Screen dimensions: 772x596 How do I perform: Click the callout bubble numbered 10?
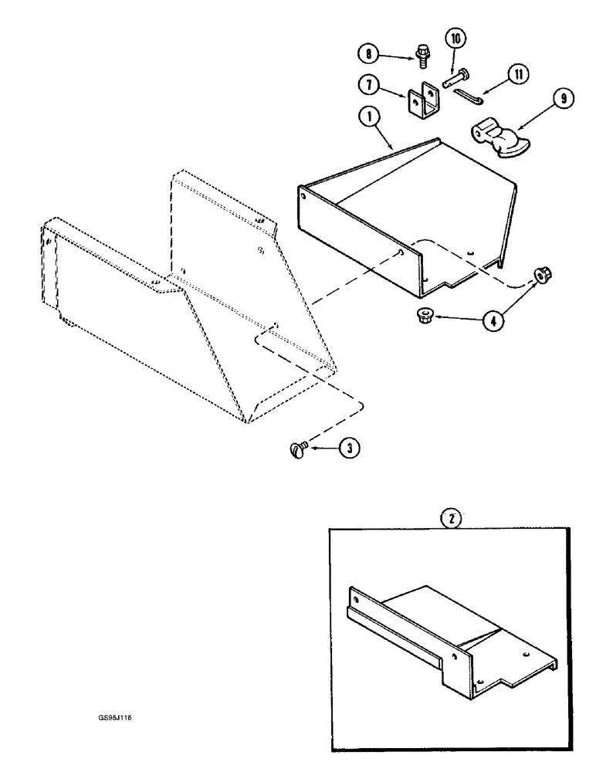(x=453, y=38)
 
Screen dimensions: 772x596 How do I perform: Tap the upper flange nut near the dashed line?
(x=538, y=276)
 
